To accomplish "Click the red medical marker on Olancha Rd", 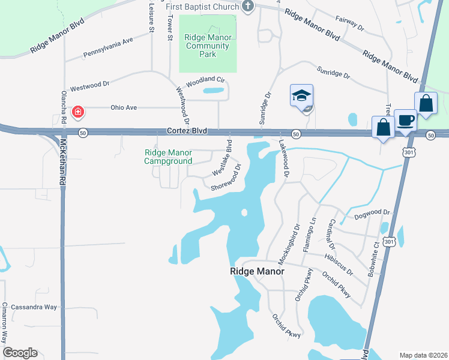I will pos(77,112).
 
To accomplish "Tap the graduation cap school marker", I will pos(301,95).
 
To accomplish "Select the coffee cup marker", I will pos(405,120).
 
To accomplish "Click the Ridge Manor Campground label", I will pos(168,157).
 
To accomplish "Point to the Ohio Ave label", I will pos(124,107).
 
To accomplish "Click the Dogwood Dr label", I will pos(372,212).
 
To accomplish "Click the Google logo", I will pos(20,353).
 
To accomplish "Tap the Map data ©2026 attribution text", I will pos(423,355).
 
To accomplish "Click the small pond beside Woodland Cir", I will pos(212,91).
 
